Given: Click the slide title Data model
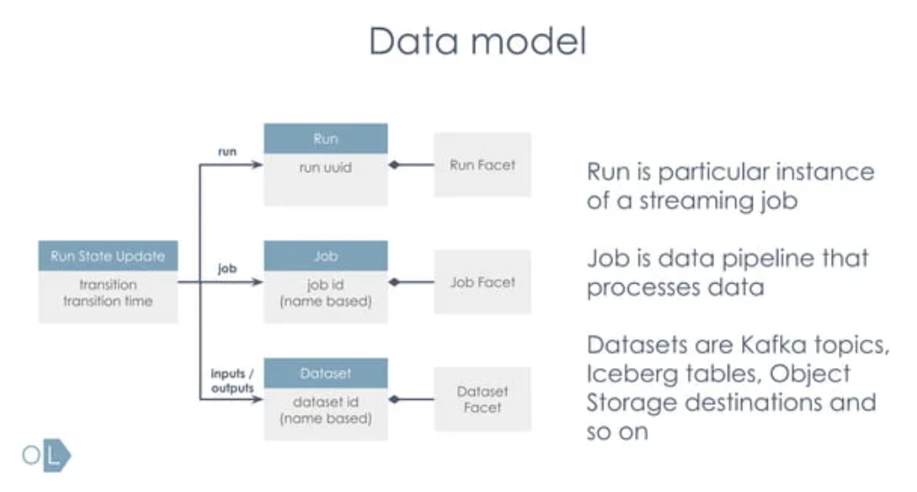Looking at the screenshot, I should (x=477, y=42).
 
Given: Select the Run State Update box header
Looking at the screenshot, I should (x=108, y=257).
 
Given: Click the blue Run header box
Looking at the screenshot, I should (x=326, y=139).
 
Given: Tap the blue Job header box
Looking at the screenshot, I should (x=326, y=256).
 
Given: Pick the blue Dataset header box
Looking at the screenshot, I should (x=326, y=373).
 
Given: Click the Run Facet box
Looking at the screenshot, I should (x=482, y=164).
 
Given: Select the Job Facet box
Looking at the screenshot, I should (x=482, y=282).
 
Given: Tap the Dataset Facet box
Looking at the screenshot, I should (x=482, y=399).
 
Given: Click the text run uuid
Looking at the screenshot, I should (x=326, y=166).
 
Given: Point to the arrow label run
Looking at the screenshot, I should (x=227, y=151).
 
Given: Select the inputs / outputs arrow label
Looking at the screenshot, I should (x=232, y=381).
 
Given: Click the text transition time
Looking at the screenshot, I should (x=108, y=300).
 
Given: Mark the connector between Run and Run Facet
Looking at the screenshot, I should (x=412, y=164).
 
